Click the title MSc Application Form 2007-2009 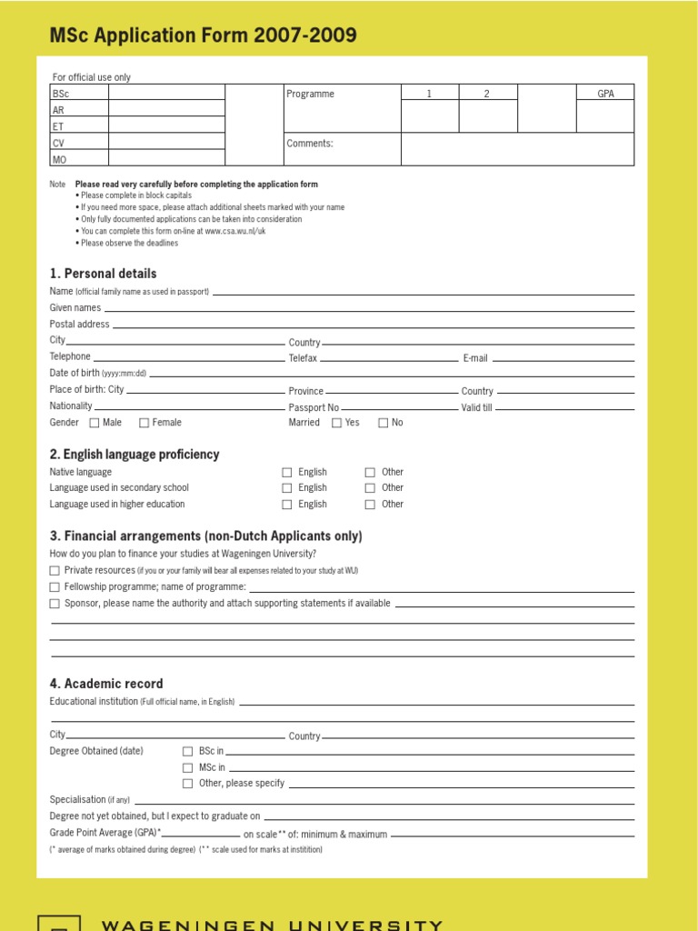pyautogui.click(x=203, y=36)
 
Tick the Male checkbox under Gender pyautogui.click(x=95, y=423)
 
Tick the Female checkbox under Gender pyautogui.click(x=145, y=423)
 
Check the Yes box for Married pyautogui.click(x=337, y=423)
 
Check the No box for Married pyautogui.click(x=384, y=423)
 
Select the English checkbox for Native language pyautogui.click(x=287, y=473)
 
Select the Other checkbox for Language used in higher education pyautogui.click(x=370, y=505)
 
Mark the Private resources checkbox pyautogui.click(x=55, y=571)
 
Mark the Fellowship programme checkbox pyautogui.click(x=55, y=587)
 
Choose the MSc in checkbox pyautogui.click(x=188, y=767)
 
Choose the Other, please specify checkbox pyautogui.click(x=188, y=784)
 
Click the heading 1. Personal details pyautogui.click(x=103, y=274)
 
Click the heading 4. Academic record pyautogui.click(x=106, y=684)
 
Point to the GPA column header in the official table pyautogui.click(x=605, y=94)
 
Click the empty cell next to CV pyautogui.click(x=166, y=143)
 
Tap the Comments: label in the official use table pyautogui.click(x=310, y=144)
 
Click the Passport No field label pyautogui.click(x=314, y=408)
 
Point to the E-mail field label pyautogui.click(x=475, y=358)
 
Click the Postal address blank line pyautogui.click(x=373, y=325)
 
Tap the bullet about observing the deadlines pyautogui.click(x=129, y=243)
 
